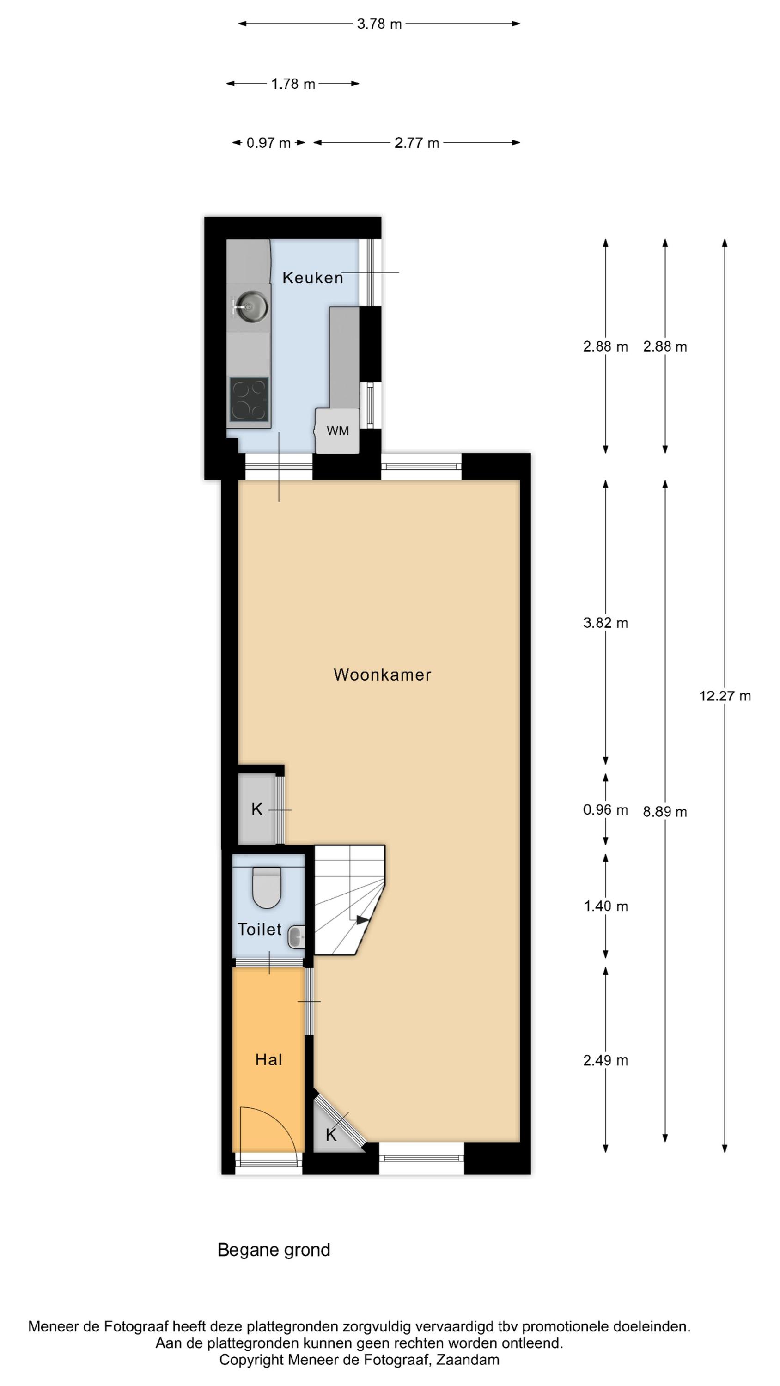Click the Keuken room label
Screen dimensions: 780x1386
coord(312,278)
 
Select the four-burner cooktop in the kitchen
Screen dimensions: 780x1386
coord(249,399)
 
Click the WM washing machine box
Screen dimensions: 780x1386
coord(337,431)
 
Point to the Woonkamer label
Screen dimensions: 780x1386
coord(382,675)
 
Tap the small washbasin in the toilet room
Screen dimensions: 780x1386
coord(297,937)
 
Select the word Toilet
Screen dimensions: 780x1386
coord(260,929)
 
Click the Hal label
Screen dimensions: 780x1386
coord(268,1059)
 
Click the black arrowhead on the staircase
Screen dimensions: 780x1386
coord(363,920)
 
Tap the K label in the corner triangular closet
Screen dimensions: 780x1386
coord(331,1135)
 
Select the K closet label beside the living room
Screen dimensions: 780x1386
coord(257,809)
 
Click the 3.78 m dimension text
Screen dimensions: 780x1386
coord(379,24)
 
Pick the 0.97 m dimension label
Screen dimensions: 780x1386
coord(268,143)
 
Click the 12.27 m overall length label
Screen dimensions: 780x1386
coord(725,696)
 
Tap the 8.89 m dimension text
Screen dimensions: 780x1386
coord(665,812)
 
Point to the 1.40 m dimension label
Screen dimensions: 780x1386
coord(606,906)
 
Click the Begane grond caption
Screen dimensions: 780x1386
coord(274,1251)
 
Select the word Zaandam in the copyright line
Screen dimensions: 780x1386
coord(467,1361)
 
